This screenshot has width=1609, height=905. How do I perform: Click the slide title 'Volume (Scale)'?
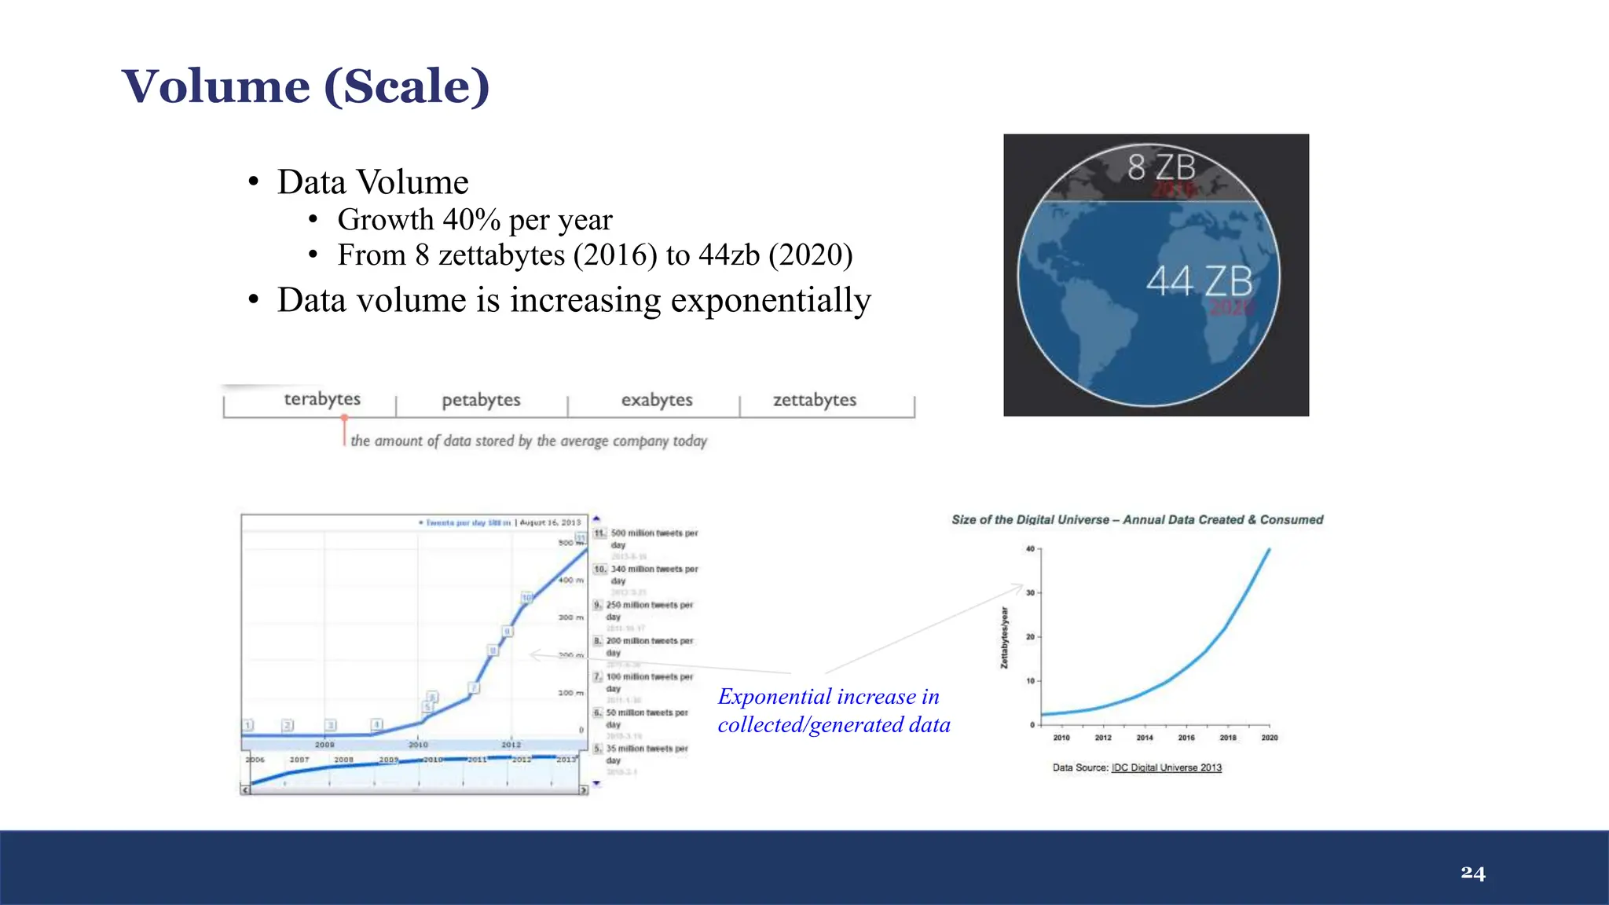pyautogui.click(x=306, y=86)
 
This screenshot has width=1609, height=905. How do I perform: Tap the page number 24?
pyautogui.click(x=1473, y=873)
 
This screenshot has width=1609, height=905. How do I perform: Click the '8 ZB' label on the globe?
pyautogui.click(x=1161, y=167)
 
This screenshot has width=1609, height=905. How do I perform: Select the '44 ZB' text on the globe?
pyautogui.click(x=1199, y=280)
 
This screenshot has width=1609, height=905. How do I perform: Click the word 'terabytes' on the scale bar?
pyautogui.click(x=322, y=399)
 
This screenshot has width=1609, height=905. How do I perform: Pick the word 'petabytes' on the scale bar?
pyautogui.click(x=481, y=400)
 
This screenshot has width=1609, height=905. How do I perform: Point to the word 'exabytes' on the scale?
pyautogui.click(x=657, y=400)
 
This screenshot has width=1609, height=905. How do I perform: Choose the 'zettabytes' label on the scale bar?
pyautogui.click(x=815, y=400)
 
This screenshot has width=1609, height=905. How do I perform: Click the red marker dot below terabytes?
pyautogui.click(x=344, y=419)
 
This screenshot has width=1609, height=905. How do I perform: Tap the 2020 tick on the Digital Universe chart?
pyautogui.click(x=1270, y=737)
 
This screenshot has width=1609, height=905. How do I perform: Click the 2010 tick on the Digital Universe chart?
pyautogui.click(x=1061, y=737)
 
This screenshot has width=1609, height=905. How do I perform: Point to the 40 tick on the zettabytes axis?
pyautogui.click(x=1031, y=549)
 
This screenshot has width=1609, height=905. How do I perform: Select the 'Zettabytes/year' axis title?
pyautogui.click(x=1004, y=638)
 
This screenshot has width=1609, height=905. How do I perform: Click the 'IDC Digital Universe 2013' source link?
pyautogui.click(x=1167, y=768)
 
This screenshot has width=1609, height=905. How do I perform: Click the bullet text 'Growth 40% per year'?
pyautogui.click(x=475, y=220)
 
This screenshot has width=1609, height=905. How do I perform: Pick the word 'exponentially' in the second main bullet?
pyautogui.click(x=769, y=300)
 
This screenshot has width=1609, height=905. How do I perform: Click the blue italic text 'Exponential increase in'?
pyautogui.click(x=828, y=697)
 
